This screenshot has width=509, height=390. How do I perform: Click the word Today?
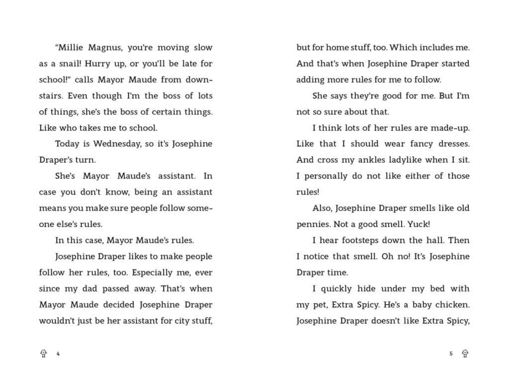click(x=67, y=144)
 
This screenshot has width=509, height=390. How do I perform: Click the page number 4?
click(x=58, y=354)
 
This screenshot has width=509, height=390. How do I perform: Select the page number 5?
click(x=451, y=354)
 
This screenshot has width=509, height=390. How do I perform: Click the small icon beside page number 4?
click(x=44, y=354)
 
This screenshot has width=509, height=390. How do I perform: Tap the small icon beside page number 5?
click(x=465, y=354)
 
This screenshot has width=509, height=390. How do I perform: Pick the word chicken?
click(x=450, y=305)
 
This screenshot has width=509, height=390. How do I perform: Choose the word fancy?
click(x=410, y=144)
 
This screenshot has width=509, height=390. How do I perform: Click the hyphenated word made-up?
click(x=449, y=128)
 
